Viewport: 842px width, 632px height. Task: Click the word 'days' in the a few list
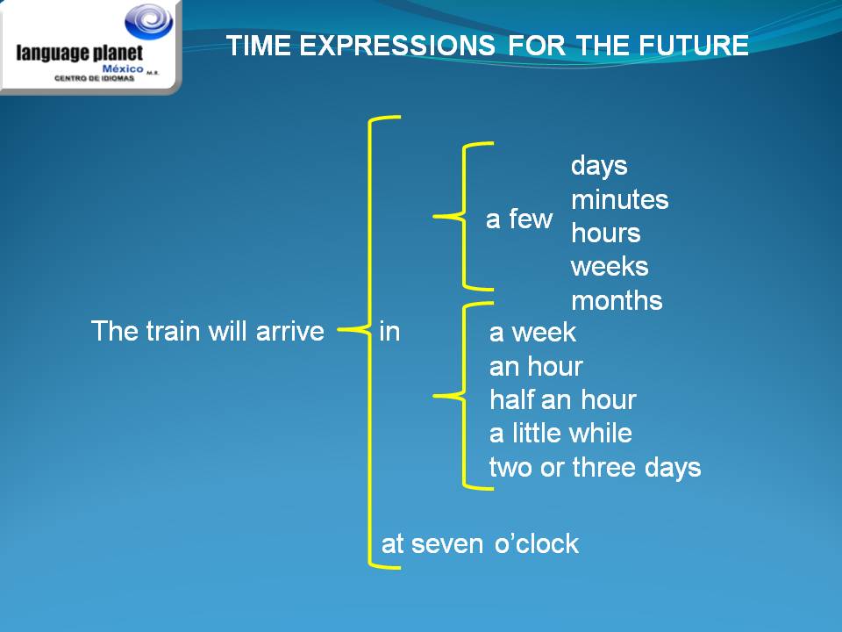(x=599, y=166)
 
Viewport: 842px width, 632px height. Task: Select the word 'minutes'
(x=619, y=200)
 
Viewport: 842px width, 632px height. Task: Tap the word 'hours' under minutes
(x=605, y=233)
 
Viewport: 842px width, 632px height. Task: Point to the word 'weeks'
(x=610, y=267)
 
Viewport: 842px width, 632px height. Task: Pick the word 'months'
(x=617, y=301)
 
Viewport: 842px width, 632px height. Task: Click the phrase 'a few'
(x=519, y=219)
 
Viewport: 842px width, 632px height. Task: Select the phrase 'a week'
(x=532, y=333)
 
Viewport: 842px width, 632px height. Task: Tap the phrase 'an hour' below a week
(x=536, y=366)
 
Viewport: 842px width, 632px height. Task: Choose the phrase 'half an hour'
(x=562, y=400)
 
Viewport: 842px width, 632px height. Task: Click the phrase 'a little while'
(x=560, y=434)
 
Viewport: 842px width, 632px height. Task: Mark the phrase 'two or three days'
(x=595, y=468)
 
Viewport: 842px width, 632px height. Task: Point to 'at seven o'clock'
(x=480, y=544)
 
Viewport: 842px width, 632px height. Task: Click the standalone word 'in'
(x=389, y=332)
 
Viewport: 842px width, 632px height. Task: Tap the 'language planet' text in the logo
(x=79, y=54)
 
